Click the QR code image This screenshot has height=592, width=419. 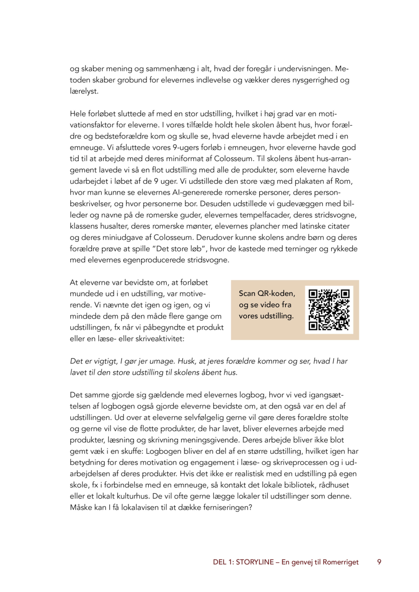pos(329,310)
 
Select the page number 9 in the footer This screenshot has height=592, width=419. pos(379,562)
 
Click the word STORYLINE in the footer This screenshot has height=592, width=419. pos(255,562)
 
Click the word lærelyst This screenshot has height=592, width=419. pos(84,91)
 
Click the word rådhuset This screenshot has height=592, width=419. pos(334,485)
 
